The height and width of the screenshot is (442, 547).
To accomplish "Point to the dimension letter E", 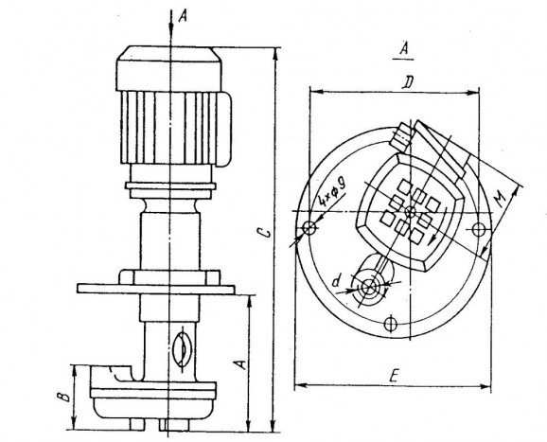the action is pyautogui.click(x=395, y=377).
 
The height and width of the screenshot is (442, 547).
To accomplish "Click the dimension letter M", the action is pyautogui.click(x=501, y=199).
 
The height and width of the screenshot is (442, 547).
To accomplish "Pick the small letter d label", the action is pyautogui.click(x=336, y=281).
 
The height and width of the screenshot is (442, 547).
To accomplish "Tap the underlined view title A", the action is pyautogui.click(x=403, y=48).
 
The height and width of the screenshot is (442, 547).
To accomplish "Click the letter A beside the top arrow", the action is pyautogui.click(x=183, y=16).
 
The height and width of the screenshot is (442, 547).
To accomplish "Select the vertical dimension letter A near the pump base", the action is pyautogui.click(x=240, y=364).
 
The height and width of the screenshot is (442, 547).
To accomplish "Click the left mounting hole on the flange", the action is pyautogui.click(x=309, y=228).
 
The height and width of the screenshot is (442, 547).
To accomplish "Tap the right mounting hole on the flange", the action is pyautogui.click(x=478, y=229).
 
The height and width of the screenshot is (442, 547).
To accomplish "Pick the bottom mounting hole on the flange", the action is pyautogui.click(x=390, y=324).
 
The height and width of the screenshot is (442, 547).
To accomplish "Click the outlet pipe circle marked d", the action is pyautogui.click(x=369, y=287).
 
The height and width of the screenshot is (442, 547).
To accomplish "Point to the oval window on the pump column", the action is pyautogui.click(x=183, y=349).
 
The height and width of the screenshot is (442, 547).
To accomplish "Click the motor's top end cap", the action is pyautogui.click(x=168, y=68).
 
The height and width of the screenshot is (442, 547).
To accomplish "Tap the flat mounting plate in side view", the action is pyautogui.click(x=156, y=289).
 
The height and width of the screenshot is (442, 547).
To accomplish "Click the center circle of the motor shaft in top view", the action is pyautogui.click(x=411, y=211).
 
